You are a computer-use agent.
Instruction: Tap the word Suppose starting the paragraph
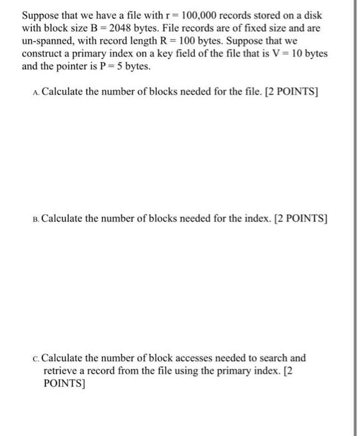coord(41,16)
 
